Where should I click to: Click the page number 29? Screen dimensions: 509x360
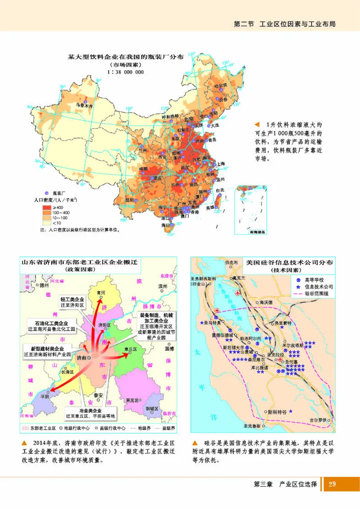(x=333, y=484)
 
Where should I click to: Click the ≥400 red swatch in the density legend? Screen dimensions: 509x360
(x=46, y=207)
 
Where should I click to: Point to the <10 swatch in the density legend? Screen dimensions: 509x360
(x=46, y=222)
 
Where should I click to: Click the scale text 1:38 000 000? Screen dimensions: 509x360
(x=125, y=72)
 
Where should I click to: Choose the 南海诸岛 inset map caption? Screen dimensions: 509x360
(x=252, y=233)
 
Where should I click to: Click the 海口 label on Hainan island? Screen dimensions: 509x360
(x=165, y=225)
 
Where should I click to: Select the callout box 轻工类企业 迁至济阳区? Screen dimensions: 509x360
(x=72, y=302)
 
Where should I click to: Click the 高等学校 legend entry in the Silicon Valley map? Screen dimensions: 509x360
(x=314, y=279)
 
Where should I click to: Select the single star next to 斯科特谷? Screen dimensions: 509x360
(x=291, y=411)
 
